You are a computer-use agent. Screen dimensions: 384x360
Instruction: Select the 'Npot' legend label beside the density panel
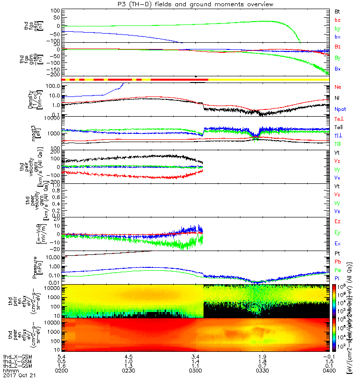(340, 109)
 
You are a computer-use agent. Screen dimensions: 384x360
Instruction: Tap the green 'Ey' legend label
(337, 232)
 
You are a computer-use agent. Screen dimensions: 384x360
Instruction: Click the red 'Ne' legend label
(337, 87)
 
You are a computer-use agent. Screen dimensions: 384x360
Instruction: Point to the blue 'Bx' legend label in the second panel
(337, 69)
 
